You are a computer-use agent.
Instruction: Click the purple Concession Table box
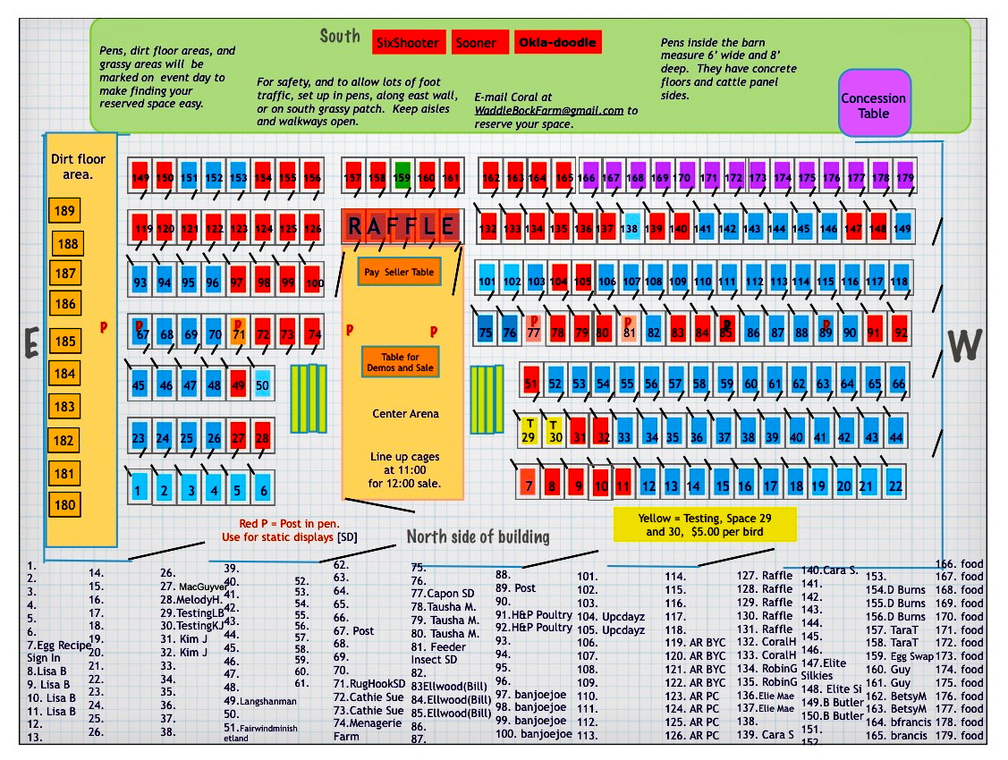[x=873, y=106]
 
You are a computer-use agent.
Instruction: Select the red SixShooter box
[x=407, y=43]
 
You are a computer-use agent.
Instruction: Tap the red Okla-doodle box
[x=556, y=42]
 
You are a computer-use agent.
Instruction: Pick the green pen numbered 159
[x=402, y=177]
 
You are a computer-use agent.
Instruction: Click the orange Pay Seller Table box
[x=400, y=272]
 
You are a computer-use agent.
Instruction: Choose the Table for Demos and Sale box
[x=400, y=362]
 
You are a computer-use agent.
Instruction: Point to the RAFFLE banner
[x=401, y=227]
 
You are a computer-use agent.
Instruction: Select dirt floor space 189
[x=65, y=211]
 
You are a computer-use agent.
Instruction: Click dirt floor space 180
[x=64, y=504]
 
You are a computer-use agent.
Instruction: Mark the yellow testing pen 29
[x=529, y=431]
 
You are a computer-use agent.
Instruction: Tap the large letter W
[x=964, y=345]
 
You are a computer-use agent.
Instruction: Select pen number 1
[x=139, y=490]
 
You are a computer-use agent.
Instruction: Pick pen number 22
[x=895, y=484]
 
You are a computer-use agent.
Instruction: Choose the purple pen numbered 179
[x=905, y=177]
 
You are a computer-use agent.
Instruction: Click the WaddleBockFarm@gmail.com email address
[x=549, y=111]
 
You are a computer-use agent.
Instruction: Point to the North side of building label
[x=478, y=536]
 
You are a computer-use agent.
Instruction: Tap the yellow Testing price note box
[x=705, y=525]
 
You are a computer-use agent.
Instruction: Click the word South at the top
[x=340, y=37]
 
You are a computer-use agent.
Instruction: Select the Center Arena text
[x=406, y=414]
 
